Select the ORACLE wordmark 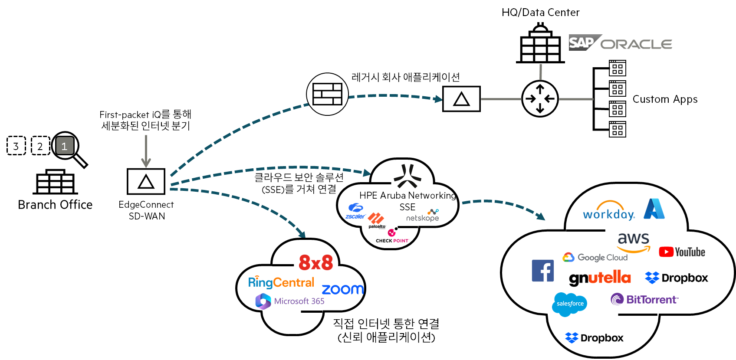(x=636, y=44)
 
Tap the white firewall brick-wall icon (x=327, y=94)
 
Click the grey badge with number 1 (x=65, y=146)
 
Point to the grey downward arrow (x=146, y=151)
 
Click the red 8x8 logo (x=316, y=262)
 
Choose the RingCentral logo (x=281, y=282)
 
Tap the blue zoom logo (x=343, y=289)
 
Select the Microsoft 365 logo (x=290, y=301)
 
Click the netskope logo (x=423, y=216)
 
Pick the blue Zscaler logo (x=355, y=211)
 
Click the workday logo (x=609, y=211)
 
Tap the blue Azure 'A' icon (x=654, y=209)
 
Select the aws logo (x=634, y=242)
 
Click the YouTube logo (x=682, y=252)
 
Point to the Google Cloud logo (x=595, y=257)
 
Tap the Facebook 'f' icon (x=543, y=271)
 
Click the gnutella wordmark (x=600, y=278)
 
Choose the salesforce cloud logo (x=570, y=304)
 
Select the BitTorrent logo (x=644, y=299)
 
